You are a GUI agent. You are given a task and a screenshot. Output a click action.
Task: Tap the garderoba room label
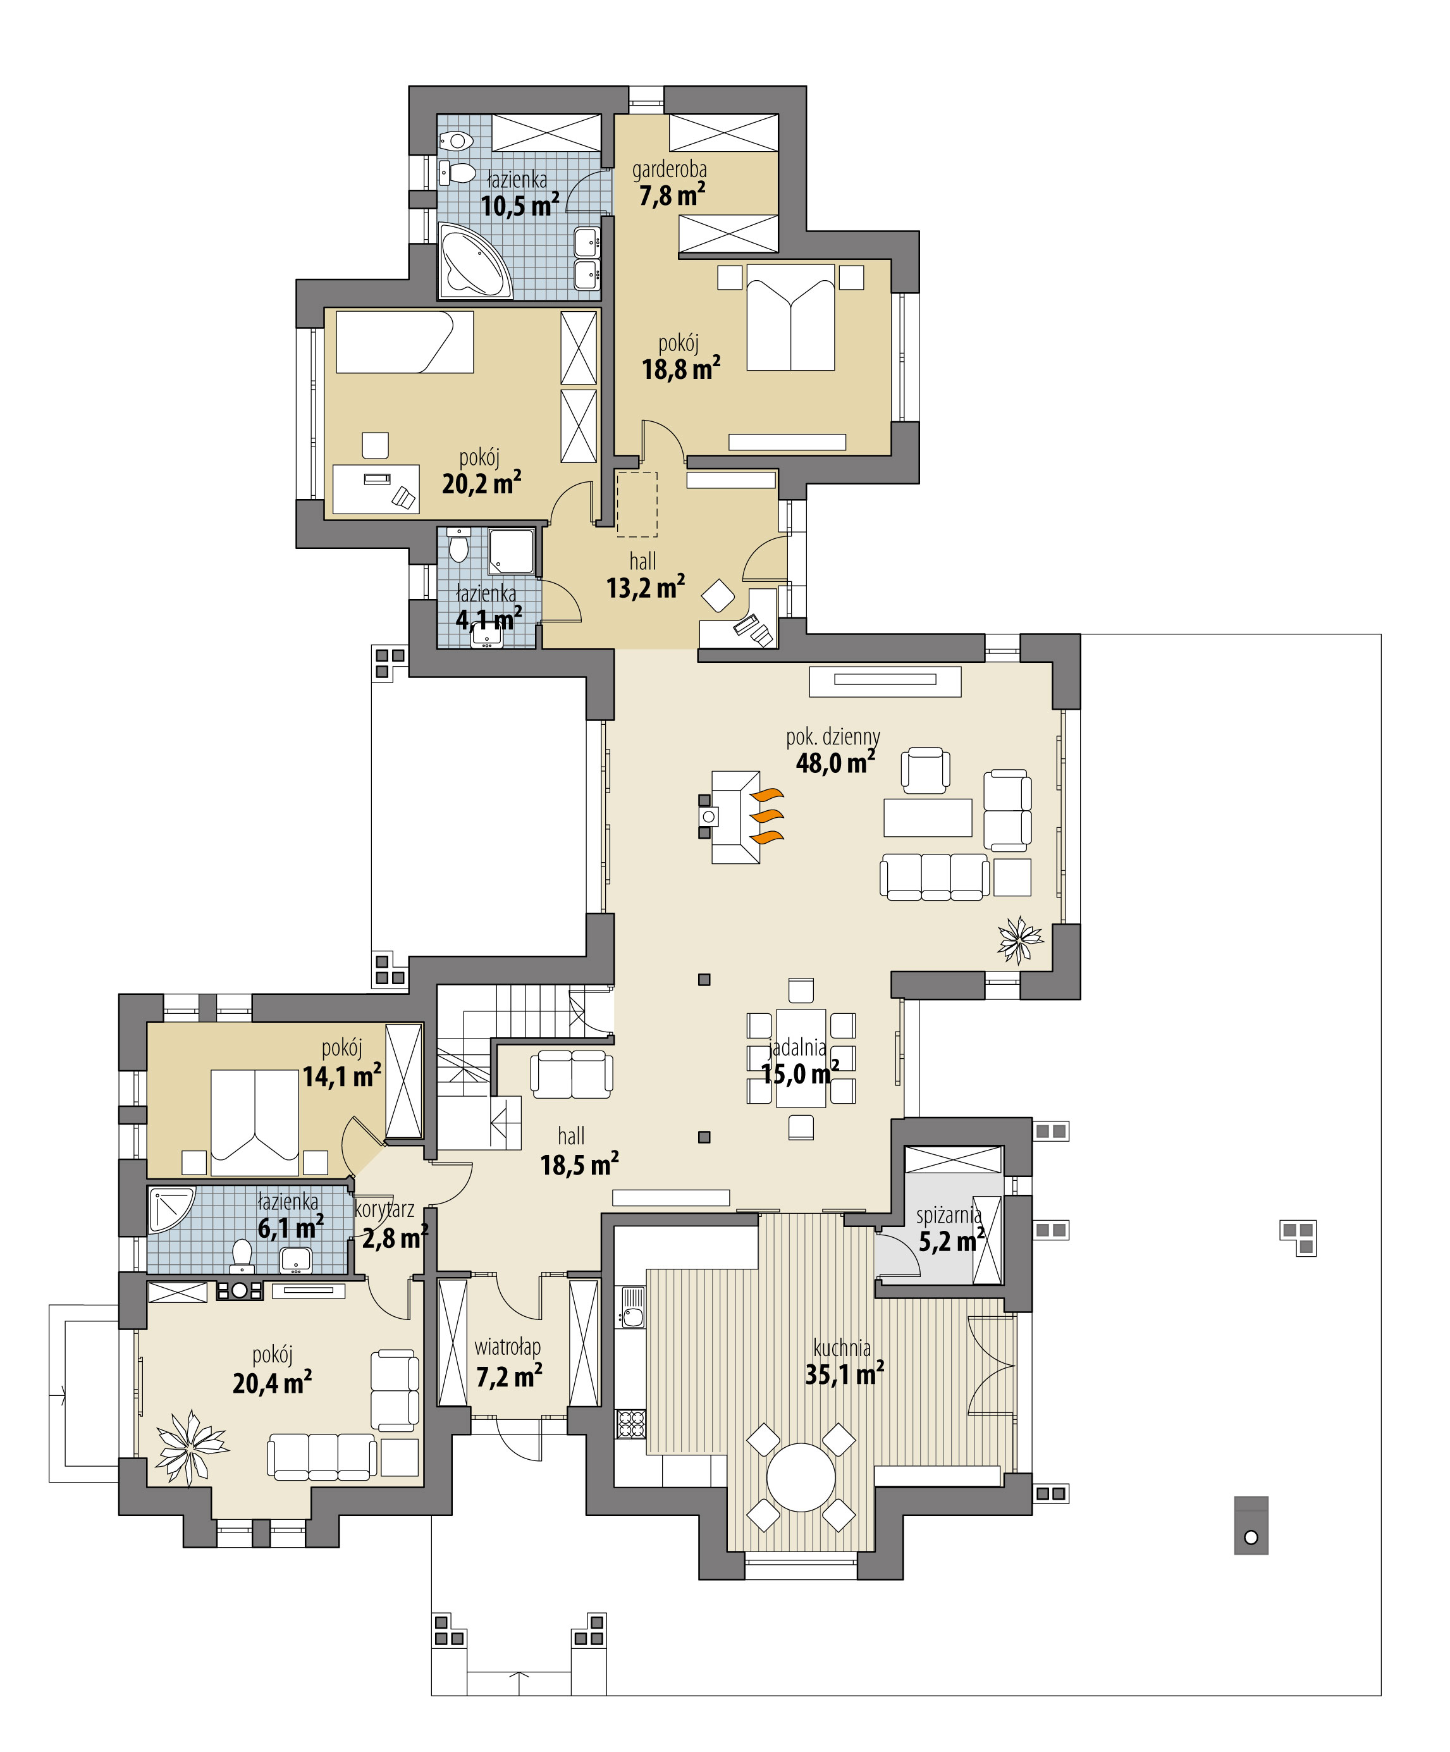coord(669,170)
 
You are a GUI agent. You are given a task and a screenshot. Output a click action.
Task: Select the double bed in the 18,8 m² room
coord(790,318)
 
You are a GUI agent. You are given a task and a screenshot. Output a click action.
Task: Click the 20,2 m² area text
coord(481,483)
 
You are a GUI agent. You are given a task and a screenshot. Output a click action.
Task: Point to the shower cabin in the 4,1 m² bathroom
coord(510,551)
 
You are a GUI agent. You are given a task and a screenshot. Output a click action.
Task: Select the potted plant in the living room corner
coord(1019,941)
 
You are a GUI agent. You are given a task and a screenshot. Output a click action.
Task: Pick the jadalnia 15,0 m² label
coord(799,1061)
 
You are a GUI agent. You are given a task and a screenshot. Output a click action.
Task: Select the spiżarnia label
coord(948,1215)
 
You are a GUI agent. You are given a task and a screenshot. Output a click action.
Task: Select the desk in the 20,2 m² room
coord(376,489)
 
